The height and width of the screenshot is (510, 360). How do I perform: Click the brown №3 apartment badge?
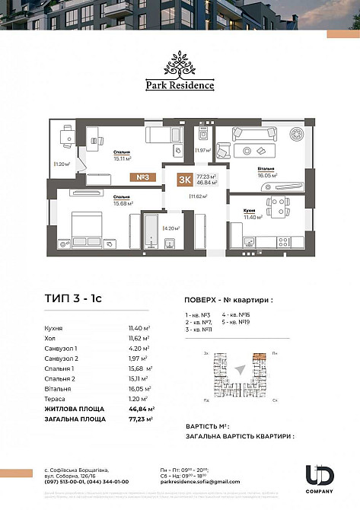coord(142,177)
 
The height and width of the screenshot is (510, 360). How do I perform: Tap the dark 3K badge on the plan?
coord(183,180)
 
